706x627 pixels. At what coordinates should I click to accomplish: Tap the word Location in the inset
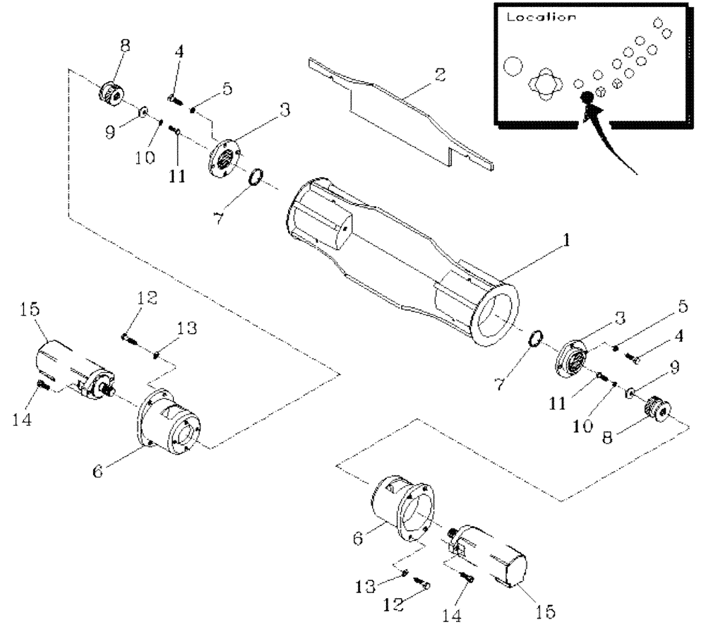pyautogui.click(x=540, y=18)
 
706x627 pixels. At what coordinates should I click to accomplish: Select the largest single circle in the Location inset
pyautogui.click(x=513, y=68)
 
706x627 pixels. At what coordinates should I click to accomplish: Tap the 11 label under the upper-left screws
pyautogui.click(x=177, y=175)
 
